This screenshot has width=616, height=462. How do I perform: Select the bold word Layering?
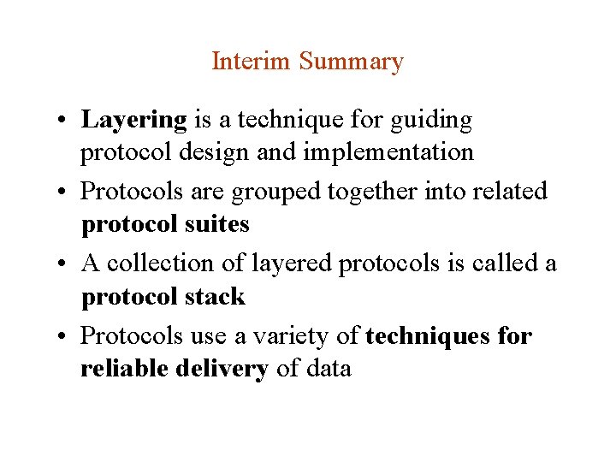[133, 121]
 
